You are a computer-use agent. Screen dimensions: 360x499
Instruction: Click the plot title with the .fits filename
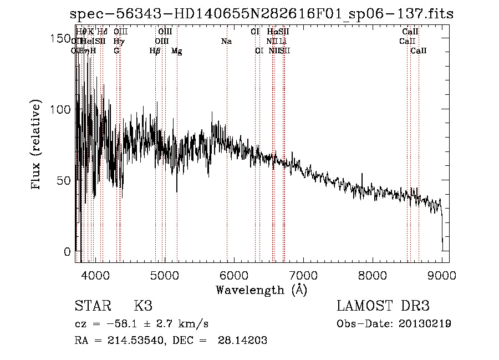[262, 14]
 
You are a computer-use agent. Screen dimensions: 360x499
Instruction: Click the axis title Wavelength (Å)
[261, 290]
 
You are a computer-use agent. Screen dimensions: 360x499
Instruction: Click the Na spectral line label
[226, 42]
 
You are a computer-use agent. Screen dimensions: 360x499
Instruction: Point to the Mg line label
[176, 51]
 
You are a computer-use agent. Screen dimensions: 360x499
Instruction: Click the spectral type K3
[143, 306]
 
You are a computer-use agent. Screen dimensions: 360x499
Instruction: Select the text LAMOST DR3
[383, 306]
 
